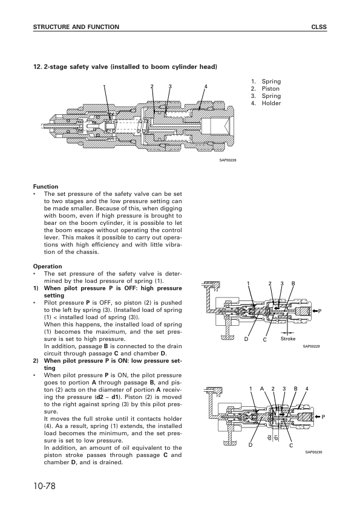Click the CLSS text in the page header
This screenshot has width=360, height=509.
319,27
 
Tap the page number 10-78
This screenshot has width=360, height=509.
45,486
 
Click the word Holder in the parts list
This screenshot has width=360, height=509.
271,103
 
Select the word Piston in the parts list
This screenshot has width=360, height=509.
270,89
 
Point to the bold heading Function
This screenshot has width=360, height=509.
45,187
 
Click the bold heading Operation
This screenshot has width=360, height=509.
47,267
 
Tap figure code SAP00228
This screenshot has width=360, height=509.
227,160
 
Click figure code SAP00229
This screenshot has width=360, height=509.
311,346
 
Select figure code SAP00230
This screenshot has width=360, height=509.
313,452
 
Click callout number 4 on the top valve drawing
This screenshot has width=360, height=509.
206,86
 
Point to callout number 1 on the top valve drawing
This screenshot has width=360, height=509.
104,86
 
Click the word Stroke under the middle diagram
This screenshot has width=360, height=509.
288,339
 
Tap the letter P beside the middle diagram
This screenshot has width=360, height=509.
319,311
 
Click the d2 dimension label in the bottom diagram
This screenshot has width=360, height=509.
269,438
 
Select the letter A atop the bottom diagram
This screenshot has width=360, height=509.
261,389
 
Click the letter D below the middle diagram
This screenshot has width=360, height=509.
246,339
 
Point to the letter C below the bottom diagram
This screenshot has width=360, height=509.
291,446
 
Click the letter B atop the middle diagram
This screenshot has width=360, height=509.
293,284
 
